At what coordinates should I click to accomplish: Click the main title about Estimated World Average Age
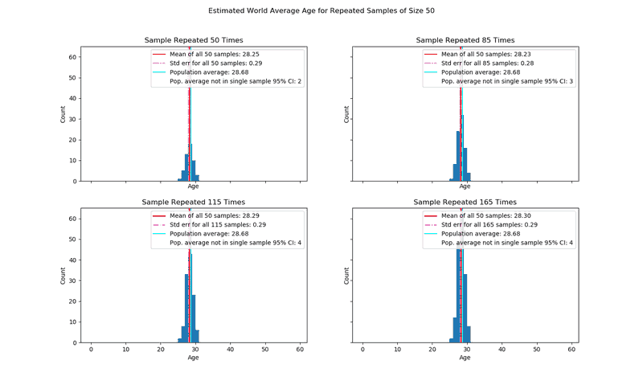coord(321,11)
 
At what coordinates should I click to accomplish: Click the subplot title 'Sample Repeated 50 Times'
coord(193,40)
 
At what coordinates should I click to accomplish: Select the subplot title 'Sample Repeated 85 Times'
coord(465,40)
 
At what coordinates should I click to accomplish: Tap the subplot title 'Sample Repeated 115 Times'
coord(193,202)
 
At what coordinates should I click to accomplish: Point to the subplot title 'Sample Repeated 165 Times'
coord(465,202)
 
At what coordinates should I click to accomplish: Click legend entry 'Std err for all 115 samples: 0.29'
coord(217,225)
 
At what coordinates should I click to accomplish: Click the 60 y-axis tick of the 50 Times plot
coord(72,57)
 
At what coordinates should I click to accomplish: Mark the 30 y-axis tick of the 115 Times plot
coord(72,281)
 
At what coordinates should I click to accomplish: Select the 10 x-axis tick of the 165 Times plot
coord(397,350)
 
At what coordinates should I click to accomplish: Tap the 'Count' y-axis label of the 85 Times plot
coord(346,114)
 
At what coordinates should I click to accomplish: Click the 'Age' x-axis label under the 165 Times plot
coord(465,358)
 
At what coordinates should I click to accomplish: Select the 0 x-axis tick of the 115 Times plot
coord(91,350)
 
